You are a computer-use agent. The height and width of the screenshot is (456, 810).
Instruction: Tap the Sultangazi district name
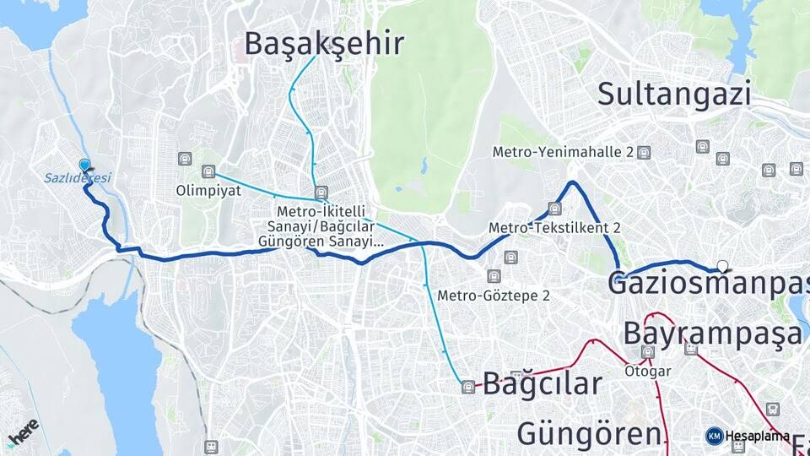click(674, 93)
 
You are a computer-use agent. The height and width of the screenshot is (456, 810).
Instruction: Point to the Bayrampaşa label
click(713, 334)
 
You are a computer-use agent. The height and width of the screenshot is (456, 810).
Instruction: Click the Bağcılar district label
click(543, 383)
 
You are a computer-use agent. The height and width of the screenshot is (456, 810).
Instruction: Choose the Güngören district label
click(589, 434)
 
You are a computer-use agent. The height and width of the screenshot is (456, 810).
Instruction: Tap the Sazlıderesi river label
click(78, 178)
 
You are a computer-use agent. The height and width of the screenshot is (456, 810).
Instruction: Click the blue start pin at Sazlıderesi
click(84, 166)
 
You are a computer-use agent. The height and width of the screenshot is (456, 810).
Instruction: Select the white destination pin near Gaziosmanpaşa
click(722, 265)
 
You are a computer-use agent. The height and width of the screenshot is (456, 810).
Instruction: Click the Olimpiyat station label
click(209, 190)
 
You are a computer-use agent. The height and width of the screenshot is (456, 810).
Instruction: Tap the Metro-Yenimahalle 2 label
click(564, 153)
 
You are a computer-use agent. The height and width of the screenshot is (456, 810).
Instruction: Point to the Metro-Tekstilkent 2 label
click(554, 227)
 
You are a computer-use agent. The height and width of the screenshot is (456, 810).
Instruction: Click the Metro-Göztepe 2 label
click(494, 295)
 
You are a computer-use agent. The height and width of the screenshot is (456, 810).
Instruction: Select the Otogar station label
click(648, 371)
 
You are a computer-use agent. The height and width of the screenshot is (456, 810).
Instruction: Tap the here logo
click(23, 432)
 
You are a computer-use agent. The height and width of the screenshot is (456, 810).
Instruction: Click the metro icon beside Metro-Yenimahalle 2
click(645, 153)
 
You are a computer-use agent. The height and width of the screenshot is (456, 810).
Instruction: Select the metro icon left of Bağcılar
click(468, 387)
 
